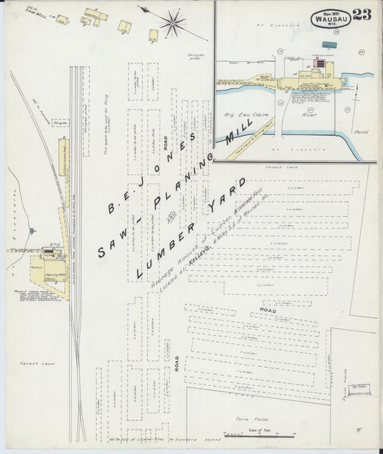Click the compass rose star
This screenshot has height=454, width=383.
click(172, 22)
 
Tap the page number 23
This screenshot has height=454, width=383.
click(362, 15)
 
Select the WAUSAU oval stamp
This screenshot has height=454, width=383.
click(331, 18)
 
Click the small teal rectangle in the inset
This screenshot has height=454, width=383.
click(330, 45)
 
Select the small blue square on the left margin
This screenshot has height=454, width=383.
click(32, 231)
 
